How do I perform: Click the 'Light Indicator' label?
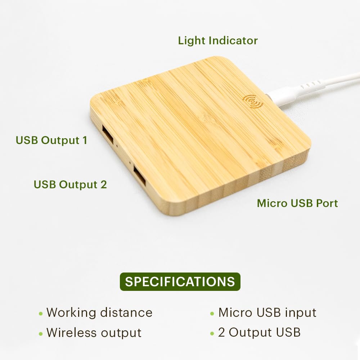[x=218, y=41]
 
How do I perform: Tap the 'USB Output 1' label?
[x=51, y=140]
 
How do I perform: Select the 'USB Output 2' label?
[x=70, y=184]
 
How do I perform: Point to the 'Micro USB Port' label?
[x=297, y=203]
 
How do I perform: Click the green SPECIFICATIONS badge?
[x=180, y=282]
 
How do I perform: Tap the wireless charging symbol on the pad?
[x=253, y=101]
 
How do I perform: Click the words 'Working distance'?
[x=99, y=312]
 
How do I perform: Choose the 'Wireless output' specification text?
[x=94, y=333]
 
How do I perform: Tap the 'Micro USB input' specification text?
[x=267, y=312]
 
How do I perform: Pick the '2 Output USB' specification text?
[x=259, y=333]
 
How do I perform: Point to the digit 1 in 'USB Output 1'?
[x=85, y=140]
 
